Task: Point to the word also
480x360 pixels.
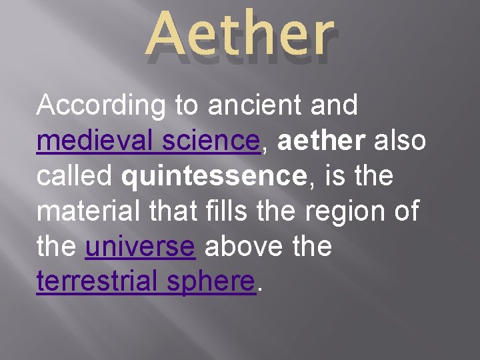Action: [x=401, y=141]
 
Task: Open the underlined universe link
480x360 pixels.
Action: [x=140, y=247]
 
